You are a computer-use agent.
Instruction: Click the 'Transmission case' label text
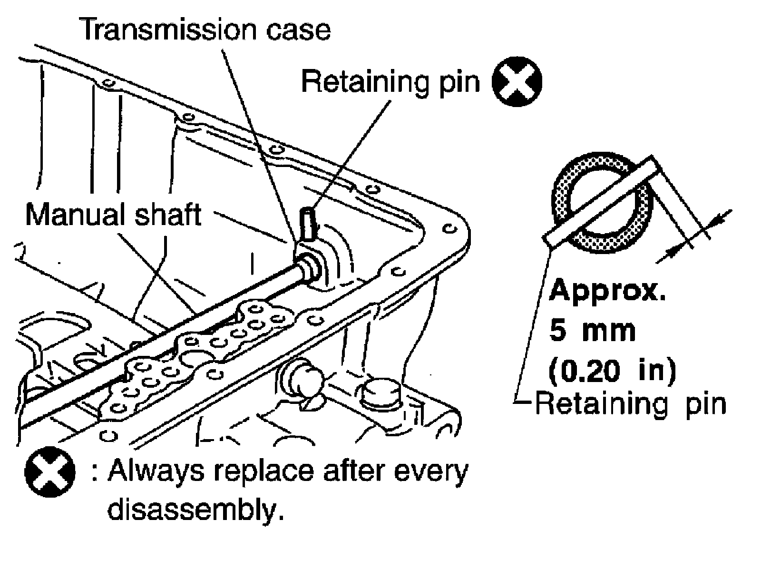[x=205, y=29]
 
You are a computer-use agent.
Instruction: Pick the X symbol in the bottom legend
[x=49, y=472]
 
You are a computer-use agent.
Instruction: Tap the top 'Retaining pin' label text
[x=390, y=81]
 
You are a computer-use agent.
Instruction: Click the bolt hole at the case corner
[x=447, y=229]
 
